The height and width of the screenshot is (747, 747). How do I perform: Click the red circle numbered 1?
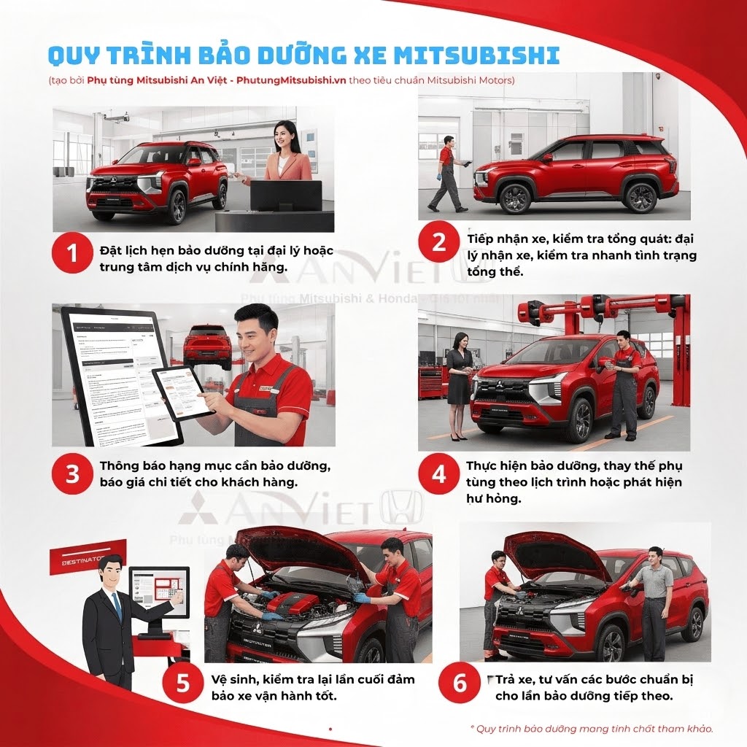[71, 253]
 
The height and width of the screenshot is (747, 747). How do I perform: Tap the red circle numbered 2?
[438, 241]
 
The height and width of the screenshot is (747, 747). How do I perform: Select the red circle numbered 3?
[71, 474]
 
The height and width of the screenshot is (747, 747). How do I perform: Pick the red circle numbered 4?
[438, 474]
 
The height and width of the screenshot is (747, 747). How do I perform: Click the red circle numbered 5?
[182, 684]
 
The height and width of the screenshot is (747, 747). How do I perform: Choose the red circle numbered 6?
[460, 684]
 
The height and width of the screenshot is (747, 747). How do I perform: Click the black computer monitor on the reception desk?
[286, 195]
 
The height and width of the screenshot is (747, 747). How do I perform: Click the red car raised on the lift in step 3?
[206, 346]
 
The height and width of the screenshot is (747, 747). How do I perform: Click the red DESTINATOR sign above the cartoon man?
[88, 557]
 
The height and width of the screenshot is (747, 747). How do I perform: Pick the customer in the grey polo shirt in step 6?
[654, 598]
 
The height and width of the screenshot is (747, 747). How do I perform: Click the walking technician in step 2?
[448, 174]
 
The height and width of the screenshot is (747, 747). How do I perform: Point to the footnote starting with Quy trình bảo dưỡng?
[591, 728]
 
